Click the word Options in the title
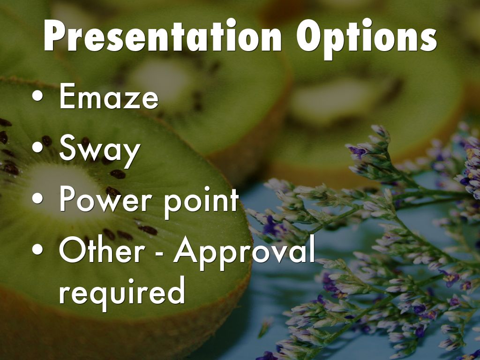[367, 38]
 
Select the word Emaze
[109, 96]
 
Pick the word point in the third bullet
[201, 202]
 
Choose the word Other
[102, 249]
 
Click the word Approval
[244, 253]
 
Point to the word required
[122, 293]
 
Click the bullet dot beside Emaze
[37, 96]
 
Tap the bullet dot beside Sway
[37, 147]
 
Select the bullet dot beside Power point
[37, 198]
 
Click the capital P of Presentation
[55, 35]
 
